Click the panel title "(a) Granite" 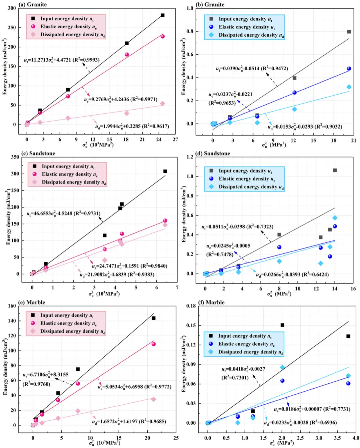click(32, 5)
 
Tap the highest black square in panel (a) click(163, 15)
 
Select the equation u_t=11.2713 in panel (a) click(62, 60)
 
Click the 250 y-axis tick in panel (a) click(12, 28)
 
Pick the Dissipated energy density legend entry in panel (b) click(251, 35)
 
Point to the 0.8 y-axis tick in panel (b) click(190, 31)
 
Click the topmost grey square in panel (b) click(349, 32)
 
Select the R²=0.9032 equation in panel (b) click(305, 127)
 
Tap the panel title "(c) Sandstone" click(38, 154)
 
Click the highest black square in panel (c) click(165, 171)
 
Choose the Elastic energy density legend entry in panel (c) click(69, 174)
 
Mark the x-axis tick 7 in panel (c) click(177, 287)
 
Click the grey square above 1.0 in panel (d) click(335, 170)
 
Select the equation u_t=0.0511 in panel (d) click(237, 227)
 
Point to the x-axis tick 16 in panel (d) click(353, 289)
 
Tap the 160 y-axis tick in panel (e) click(12, 306)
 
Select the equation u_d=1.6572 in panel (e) click(129, 422)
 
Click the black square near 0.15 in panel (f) click(282, 325)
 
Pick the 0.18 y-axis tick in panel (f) click(191, 306)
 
